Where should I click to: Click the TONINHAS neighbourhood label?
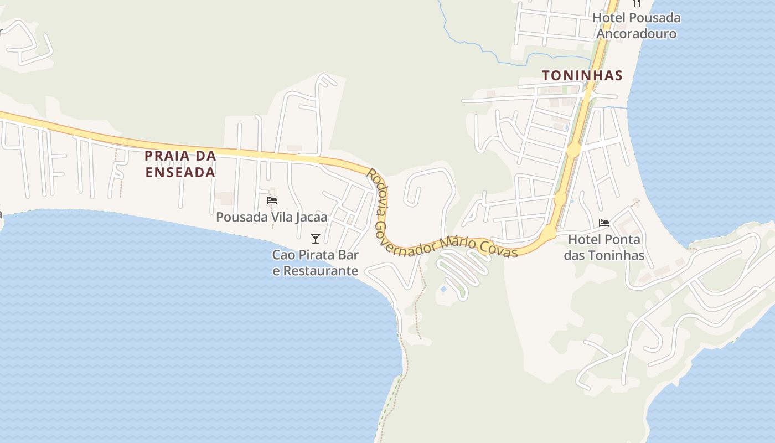click(x=582, y=75)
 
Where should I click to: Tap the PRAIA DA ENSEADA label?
click(x=180, y=164)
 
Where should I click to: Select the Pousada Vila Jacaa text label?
click(x=271, y=217)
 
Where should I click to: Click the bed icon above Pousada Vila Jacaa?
click(x=271, y=200)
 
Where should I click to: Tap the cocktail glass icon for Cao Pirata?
click(x=316, y=239)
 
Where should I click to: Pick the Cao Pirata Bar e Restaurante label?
click(x=316, y=263)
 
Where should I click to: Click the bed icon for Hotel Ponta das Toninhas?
click(x=604, y=223)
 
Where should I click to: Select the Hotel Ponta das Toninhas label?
click(x=604, y=248)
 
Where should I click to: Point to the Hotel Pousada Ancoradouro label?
click(x=637, y=25)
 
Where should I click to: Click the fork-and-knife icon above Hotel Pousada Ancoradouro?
click(x=637, y=3)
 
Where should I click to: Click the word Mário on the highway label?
click(x=459, y=243)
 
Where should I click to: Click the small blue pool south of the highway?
click(x=443, y=289)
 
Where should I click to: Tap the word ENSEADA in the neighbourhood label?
click(x=180, y=172)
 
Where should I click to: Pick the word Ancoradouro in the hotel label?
click(x=637, y=34)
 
